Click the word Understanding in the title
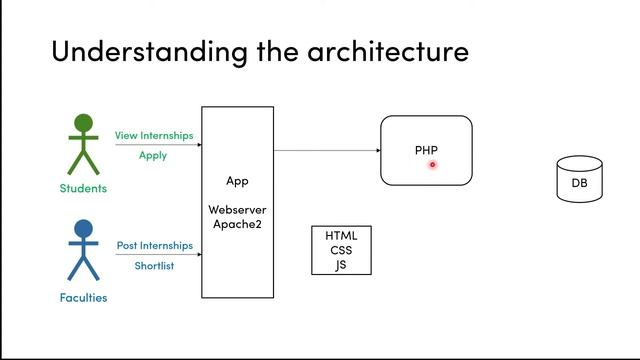(149, 52)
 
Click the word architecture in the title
(388, 52)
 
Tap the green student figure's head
(83, 123)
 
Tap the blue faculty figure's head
(83, 229)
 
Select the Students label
(83, 188)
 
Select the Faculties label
(83, 298)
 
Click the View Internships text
(154, 136)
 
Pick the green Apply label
(153, 156)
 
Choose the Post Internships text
(155, 245)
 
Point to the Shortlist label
(154, 266)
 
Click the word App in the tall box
(237, 181)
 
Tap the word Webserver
(237, 210)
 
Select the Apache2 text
(237, 224)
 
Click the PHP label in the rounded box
(426, 150)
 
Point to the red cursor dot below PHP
(433, 164)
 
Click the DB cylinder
(580, 179)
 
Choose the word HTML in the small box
(341, 236)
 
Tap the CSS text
(341, 250)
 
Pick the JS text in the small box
(341, 265)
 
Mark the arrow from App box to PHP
(327, 150)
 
